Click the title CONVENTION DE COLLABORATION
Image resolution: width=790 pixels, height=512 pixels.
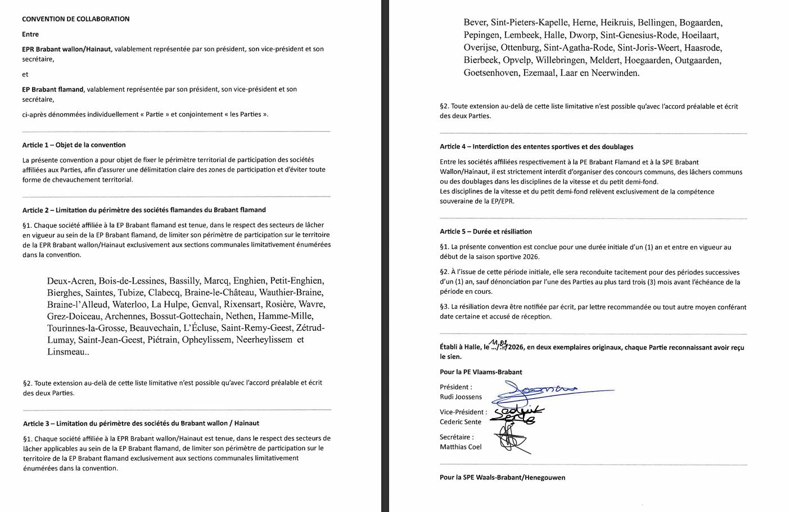coord(76,19)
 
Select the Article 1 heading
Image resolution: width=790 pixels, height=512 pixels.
coord(74,145)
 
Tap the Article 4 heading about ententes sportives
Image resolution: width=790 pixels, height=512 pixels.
coord(536,147)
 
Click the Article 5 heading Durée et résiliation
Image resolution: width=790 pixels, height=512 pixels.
coord(486,232)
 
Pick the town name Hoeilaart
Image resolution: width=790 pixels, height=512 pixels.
coord(700,35)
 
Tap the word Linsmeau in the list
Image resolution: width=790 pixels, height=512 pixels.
coord(66,352)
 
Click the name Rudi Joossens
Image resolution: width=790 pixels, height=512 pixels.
coord(461,397)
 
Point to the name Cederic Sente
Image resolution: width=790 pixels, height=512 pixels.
coord(461,422)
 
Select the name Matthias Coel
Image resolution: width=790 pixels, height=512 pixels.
coord(461,447)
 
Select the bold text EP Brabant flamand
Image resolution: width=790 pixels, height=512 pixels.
coord(53,89)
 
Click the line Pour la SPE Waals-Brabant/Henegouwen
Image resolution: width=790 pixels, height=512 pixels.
coord(502,478)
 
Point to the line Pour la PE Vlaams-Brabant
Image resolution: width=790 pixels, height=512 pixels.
coord(481,372)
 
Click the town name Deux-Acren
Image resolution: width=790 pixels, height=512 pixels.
coord(72,281)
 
